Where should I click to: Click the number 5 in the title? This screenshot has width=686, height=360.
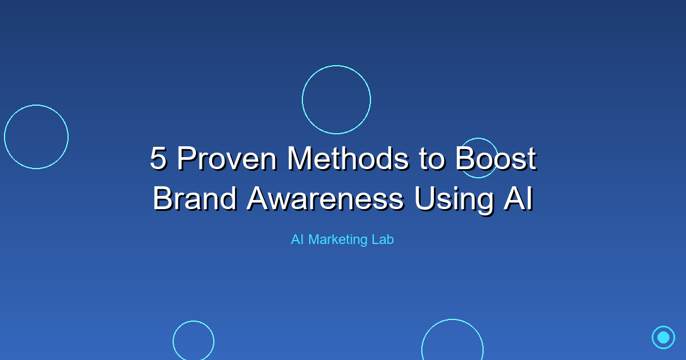tap(159, 158)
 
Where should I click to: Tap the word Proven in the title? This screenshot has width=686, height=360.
tap(227, 158)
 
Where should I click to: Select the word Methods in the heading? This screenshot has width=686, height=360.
tap(348, 158)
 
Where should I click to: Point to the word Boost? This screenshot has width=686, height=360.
tap(496, 158)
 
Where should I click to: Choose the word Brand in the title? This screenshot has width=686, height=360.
tap(195, 198)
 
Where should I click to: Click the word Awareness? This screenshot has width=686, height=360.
tap(325, 198)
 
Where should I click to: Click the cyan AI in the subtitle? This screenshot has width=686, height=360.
tap(297, 239)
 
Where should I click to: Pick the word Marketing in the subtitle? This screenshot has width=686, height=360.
tap(338, 240)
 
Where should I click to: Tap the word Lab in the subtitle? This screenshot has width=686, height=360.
tap(383, 239)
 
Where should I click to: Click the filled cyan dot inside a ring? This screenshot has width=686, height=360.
tap(663, 337)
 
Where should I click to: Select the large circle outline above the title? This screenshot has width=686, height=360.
tap(336, 66)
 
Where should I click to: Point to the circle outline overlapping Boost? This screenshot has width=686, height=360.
tap(478, 138)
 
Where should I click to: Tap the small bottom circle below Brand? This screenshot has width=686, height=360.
tap(194, 321)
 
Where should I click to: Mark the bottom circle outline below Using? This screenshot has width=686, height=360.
tap(452, 319)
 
